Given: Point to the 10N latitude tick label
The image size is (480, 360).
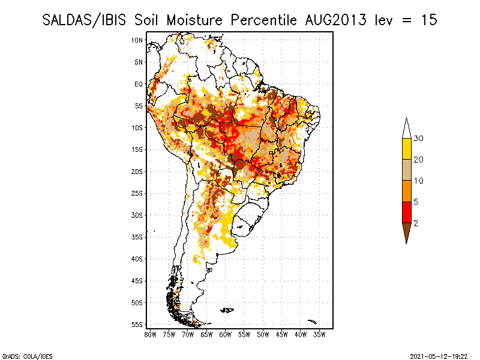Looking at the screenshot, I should click(x=137, y=40).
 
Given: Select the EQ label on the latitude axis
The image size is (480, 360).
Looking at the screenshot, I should click(x=139, y=84).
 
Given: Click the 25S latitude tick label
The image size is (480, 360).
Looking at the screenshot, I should click(x=137, y=193).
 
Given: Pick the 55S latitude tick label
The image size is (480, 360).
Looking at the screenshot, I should click(x=137, y=324).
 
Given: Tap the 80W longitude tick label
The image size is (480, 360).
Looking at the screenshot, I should click(x=150, y=334).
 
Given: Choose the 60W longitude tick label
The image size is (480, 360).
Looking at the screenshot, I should click(x=225, y=334).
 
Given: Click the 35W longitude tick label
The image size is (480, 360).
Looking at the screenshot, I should click(x=319, y=334).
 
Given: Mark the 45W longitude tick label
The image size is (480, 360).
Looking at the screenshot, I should click(x=281, y=334).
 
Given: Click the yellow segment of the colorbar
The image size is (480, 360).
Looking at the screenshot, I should click(x=406, y=149).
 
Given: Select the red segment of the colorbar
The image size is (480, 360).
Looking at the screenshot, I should click(x=406, y=212).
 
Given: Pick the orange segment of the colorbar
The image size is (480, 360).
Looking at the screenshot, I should click(x=406, y=191).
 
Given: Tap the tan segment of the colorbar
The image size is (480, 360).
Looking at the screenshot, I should click(x=406, y=170).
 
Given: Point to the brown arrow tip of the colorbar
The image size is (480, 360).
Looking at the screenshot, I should click(x=406, y=233).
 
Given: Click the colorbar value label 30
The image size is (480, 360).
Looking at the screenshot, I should click(x=419, y=139).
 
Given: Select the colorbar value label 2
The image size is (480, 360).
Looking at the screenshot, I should click(x=416, y=223).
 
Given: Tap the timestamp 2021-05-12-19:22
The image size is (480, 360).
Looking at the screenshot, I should click(x=438, y=356).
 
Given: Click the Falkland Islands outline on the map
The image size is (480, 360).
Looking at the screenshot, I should click(x=227, y=310).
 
